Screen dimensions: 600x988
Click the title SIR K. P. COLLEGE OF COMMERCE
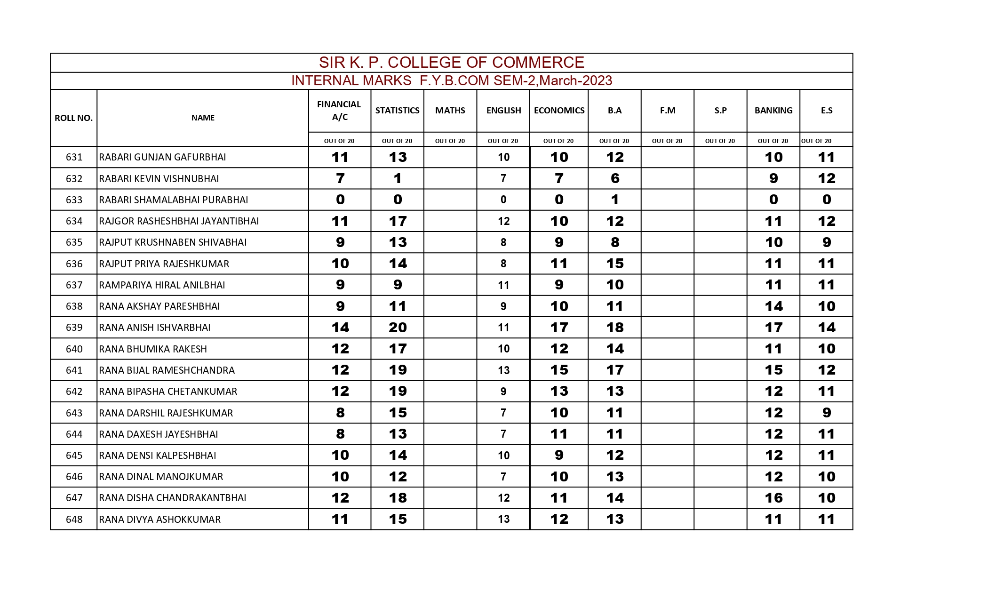451,63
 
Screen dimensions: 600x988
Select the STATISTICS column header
397,111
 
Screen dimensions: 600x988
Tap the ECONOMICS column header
559,111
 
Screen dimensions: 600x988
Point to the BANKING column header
773,111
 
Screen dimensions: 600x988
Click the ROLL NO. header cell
73,118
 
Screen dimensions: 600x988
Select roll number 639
74,328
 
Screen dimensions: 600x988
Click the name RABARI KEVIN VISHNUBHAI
159,179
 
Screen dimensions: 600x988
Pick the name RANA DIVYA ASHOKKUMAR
160,520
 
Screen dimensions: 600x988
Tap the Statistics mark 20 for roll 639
398,328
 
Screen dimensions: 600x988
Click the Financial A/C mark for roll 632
340,179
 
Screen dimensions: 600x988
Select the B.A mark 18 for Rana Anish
614,328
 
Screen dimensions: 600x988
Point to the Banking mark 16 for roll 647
773,498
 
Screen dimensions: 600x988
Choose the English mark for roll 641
503,370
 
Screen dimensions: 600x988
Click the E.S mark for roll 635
826,242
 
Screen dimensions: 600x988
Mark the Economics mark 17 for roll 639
559,328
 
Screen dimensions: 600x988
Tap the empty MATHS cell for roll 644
450,434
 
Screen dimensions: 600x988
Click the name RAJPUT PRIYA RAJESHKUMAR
164,264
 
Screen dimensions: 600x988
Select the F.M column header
667,111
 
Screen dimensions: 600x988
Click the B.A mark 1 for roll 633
614,200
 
